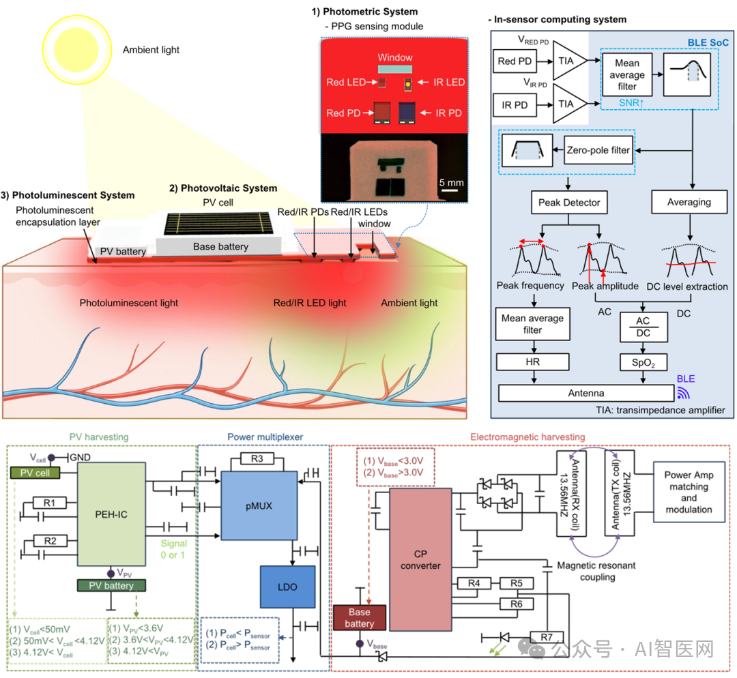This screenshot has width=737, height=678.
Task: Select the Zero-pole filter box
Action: pos(598,150)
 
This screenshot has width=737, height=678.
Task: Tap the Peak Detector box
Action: pos(569,202)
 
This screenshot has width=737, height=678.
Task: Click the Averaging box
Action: pos(689,202)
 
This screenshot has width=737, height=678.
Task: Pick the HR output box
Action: pos(532,362)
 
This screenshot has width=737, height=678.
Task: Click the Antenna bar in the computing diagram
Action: pos(586,393)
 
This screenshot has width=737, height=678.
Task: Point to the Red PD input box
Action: pos(516,61)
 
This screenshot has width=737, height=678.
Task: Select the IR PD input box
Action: pos(516,105)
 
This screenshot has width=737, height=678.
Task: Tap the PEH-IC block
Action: pos(111,514)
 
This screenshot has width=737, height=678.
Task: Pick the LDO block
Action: pos(287,586)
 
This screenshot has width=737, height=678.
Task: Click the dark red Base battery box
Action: pos(359,618)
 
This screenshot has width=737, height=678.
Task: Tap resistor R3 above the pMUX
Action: pos(257,459)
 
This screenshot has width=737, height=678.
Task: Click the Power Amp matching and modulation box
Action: pos(689,492)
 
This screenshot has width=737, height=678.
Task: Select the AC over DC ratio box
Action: pos(643,326)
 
